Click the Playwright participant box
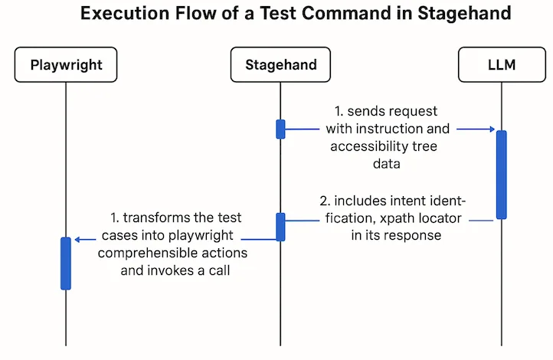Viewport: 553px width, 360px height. (66, 65)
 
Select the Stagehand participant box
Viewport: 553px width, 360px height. (280, 65)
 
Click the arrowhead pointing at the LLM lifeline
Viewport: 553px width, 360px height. (492, 129)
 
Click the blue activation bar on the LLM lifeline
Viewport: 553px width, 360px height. (501, 175)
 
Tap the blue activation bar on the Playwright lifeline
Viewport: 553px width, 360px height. (66, 263)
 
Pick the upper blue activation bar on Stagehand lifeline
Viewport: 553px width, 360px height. (280, 129)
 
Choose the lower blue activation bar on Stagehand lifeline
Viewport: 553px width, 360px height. (280, 227)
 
